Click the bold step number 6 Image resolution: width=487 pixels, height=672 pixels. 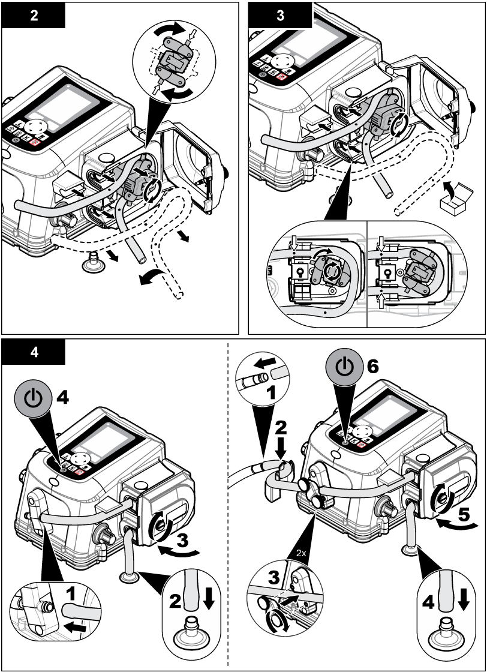click(x=373, y=367)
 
